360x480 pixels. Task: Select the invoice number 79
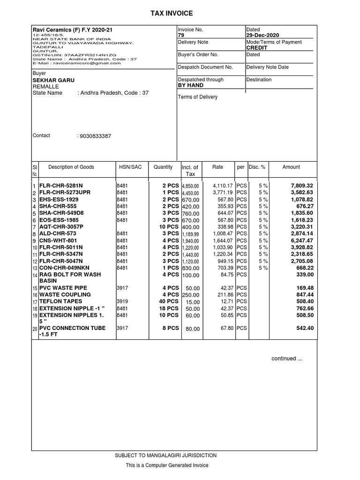coord(181,36)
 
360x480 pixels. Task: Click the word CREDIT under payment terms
coord(257,48)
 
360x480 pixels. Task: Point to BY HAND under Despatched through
coord(190,86)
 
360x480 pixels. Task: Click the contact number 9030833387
coord(96,136)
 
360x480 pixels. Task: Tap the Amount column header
coord(291,167)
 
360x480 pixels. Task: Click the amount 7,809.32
coord(301,186)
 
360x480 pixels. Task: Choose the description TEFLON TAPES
coord(60,301)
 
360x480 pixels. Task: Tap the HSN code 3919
coord(122,301)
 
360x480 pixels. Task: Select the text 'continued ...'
coord(287,359)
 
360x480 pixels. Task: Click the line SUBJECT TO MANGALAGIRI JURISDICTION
coord(166,456)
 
